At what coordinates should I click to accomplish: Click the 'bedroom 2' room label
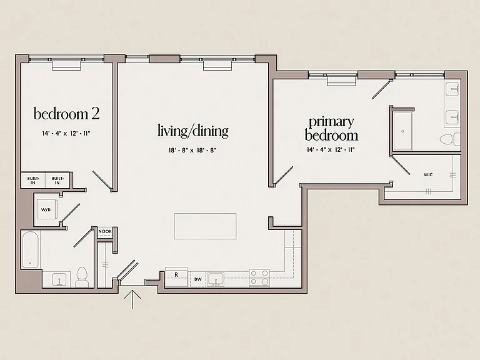point(66,114)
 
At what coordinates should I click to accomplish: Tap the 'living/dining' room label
point(193,131)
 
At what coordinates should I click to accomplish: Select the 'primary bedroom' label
point(331,129)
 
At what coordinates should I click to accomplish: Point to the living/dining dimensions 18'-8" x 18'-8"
point(192,150)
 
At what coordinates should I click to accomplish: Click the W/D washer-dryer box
point(46,209)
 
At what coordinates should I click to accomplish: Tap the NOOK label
point(105,231)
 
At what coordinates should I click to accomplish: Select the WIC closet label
point(428,175)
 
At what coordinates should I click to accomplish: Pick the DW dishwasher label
point(198,279)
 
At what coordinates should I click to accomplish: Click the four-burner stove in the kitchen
point(259,278)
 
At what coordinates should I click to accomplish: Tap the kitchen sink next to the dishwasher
point(216,279)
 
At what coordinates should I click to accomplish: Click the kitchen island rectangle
point(205,226)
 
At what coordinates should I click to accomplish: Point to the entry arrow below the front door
point(132,299)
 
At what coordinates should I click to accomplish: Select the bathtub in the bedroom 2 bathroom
point(30,249)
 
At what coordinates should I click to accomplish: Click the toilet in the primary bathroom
point(450,139)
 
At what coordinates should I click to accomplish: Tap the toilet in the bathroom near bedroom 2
point(82,277)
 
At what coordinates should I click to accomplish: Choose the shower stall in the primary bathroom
point(403,131)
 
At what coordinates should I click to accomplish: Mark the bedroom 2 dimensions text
point(66,134)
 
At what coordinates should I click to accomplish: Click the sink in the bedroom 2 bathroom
point(59,279)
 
